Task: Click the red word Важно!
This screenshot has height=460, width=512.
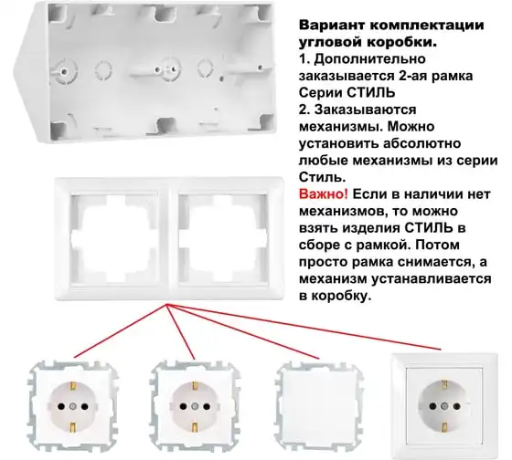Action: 324,194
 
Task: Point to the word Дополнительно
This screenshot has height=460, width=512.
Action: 370,59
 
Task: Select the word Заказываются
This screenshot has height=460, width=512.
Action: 366,110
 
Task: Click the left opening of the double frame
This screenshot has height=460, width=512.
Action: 114,239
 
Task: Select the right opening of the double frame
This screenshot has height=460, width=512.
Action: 223,239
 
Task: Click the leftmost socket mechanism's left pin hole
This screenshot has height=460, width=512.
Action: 61,406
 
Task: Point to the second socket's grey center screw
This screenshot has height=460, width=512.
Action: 195,406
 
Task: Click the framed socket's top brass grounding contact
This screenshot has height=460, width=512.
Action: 444,384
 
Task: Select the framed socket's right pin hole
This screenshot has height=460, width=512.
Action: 456,406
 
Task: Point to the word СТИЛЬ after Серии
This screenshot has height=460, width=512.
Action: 370,93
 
